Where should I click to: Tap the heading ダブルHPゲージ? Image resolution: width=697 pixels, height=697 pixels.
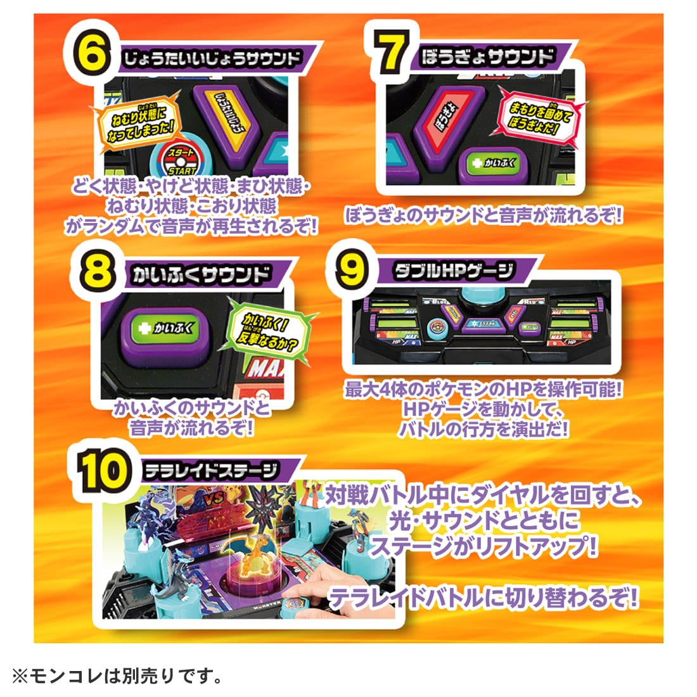pyautogui.click(x=453, y=273)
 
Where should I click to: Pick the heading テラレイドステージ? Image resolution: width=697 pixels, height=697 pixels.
pyautogui.click(x=211, y=470)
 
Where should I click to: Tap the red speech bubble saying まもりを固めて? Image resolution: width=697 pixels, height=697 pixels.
pyautogui.click(x=535, y=115)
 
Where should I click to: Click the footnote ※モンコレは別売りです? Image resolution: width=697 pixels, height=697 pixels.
pyautogui.click(x=118, y=677)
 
